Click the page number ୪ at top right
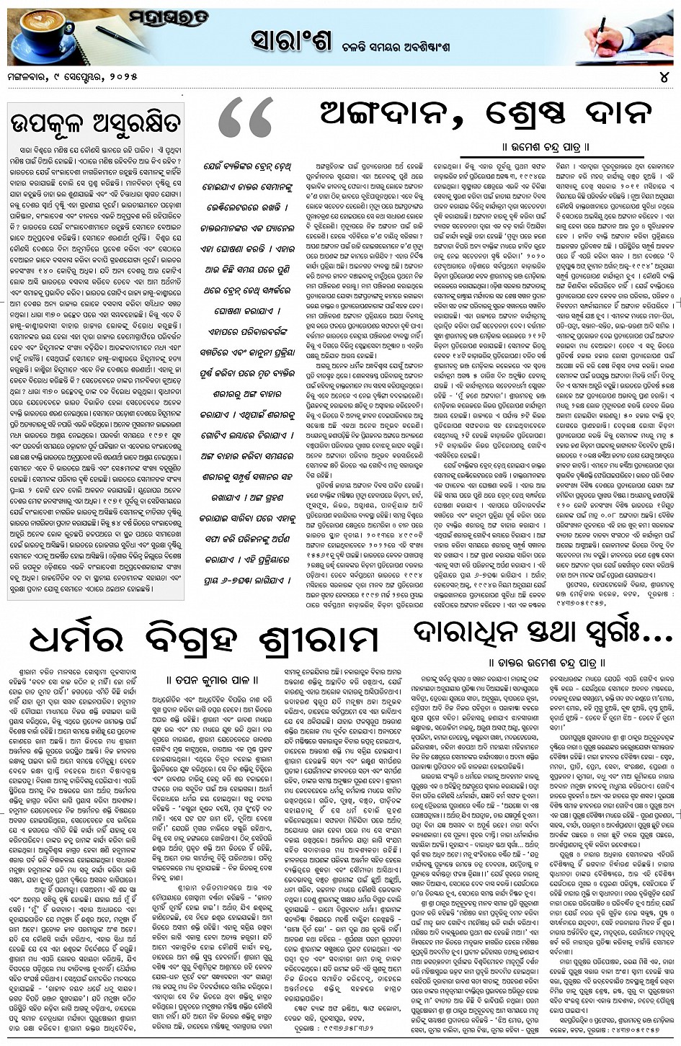663,76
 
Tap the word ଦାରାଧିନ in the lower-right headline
468,633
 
